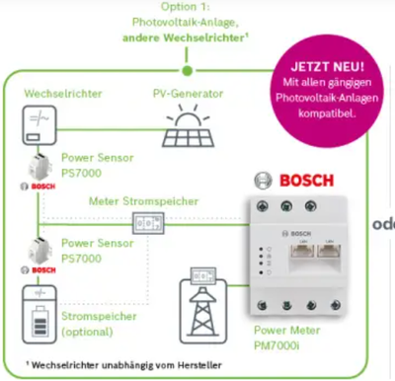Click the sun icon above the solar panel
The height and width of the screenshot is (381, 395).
pos(188,115)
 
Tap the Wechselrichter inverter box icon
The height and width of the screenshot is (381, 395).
pos(39,125)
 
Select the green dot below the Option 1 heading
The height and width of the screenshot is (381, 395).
pos(187,70)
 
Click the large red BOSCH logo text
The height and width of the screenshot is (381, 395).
pos(307,181)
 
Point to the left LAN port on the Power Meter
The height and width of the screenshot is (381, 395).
pos(303,252)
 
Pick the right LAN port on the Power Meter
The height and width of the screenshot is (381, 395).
pos(329,252)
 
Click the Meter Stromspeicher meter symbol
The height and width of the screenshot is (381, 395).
pos(148,223)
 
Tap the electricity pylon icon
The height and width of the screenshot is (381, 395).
pos(203,311)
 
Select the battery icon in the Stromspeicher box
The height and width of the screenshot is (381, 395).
pos(40,322)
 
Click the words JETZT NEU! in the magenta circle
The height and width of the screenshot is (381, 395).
pos(328,67)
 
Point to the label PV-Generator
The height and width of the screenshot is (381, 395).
pos(188,94)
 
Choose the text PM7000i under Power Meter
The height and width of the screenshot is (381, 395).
pos(276,345)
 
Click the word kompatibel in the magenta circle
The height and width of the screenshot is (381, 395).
pos(327,114)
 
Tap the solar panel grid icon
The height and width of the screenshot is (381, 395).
pos(188,137)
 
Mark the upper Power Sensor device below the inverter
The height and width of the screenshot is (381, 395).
pos(39,168)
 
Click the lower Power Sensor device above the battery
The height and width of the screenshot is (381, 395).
pos(39,252)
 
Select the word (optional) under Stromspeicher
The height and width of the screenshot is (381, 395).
pos(87,332)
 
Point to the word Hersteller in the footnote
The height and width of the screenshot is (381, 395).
pos(199,365)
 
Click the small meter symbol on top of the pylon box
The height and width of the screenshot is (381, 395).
pos(203,276)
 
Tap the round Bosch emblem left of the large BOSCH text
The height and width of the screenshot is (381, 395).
pos(264,181)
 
